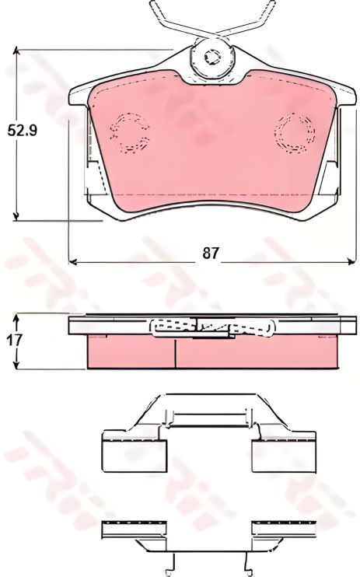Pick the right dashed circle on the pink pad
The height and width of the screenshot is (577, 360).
click(295, 131)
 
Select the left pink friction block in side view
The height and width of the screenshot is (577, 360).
click(131, 352)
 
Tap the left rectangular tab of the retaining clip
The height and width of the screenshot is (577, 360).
click(133, 452)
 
